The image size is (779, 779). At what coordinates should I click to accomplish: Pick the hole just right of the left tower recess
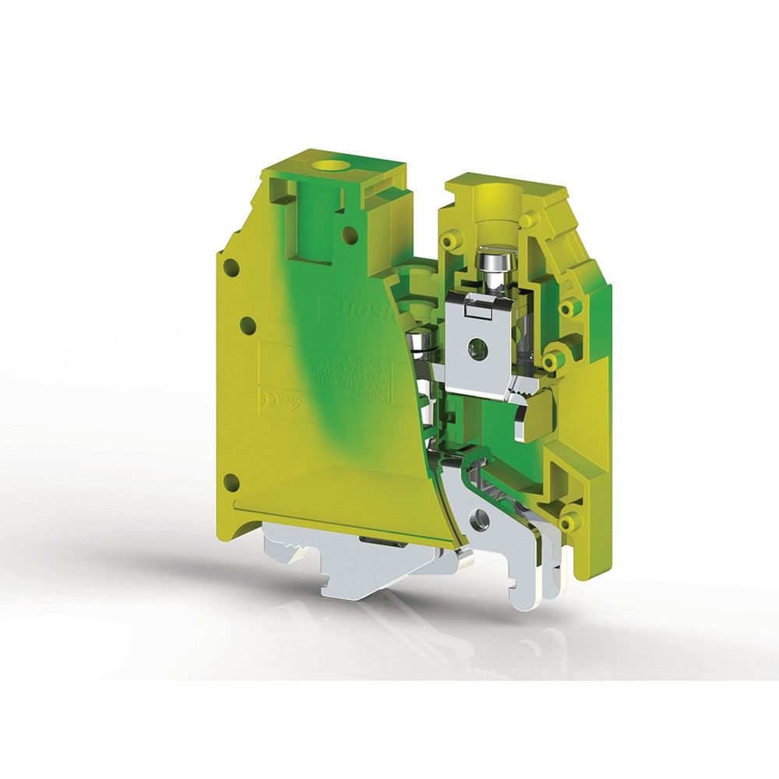point(351,232)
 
